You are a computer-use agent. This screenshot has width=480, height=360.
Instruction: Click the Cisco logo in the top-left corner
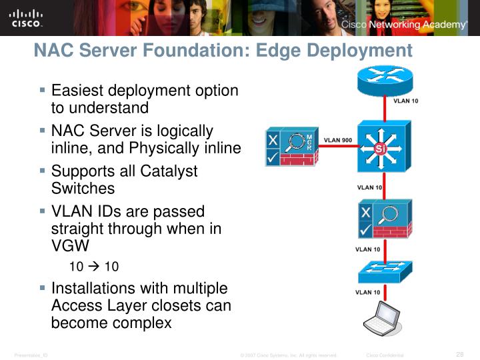tap(26, 19)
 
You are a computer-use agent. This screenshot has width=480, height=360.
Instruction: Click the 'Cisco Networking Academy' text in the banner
tap(404, 25)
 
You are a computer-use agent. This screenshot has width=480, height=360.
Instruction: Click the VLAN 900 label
tap(338, 141)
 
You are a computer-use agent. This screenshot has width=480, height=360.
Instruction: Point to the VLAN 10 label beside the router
tap(406, 101)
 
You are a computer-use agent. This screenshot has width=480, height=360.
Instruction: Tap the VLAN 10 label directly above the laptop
tap(368, 293)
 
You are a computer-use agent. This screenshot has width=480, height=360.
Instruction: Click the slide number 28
tap(459, 354)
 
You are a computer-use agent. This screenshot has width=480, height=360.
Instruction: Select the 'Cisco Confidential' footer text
tap(385, 355)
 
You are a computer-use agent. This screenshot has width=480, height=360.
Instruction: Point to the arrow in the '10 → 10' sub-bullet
tap(94, 267)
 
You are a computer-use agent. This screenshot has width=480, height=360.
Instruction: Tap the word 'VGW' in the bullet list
tap(70, 245)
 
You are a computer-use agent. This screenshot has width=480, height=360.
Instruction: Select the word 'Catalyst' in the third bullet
tap(169, 171)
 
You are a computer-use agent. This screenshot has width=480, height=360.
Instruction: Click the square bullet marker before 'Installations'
tap(43, 289)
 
